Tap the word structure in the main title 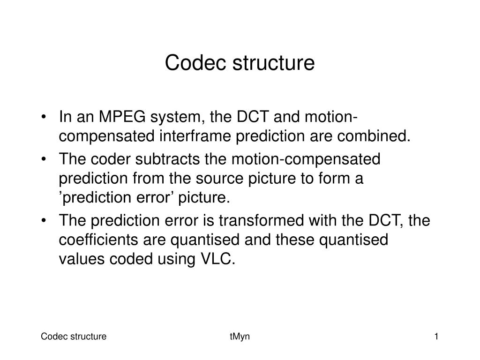pyautogui.click(x=273, y=62)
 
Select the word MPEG pyautogui.click(x=122, y=117)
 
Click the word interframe pyautogui.click(x=195, y=135)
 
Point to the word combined pyautogui.click(x=374, y=135)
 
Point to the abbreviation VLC pyautogui.click(x=217, y=259)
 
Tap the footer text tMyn pyautogui.click(x=240, y=337)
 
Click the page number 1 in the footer pyautogui.click(x=436, y=337)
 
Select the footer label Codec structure pyautogui.click(x=74, y=337)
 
